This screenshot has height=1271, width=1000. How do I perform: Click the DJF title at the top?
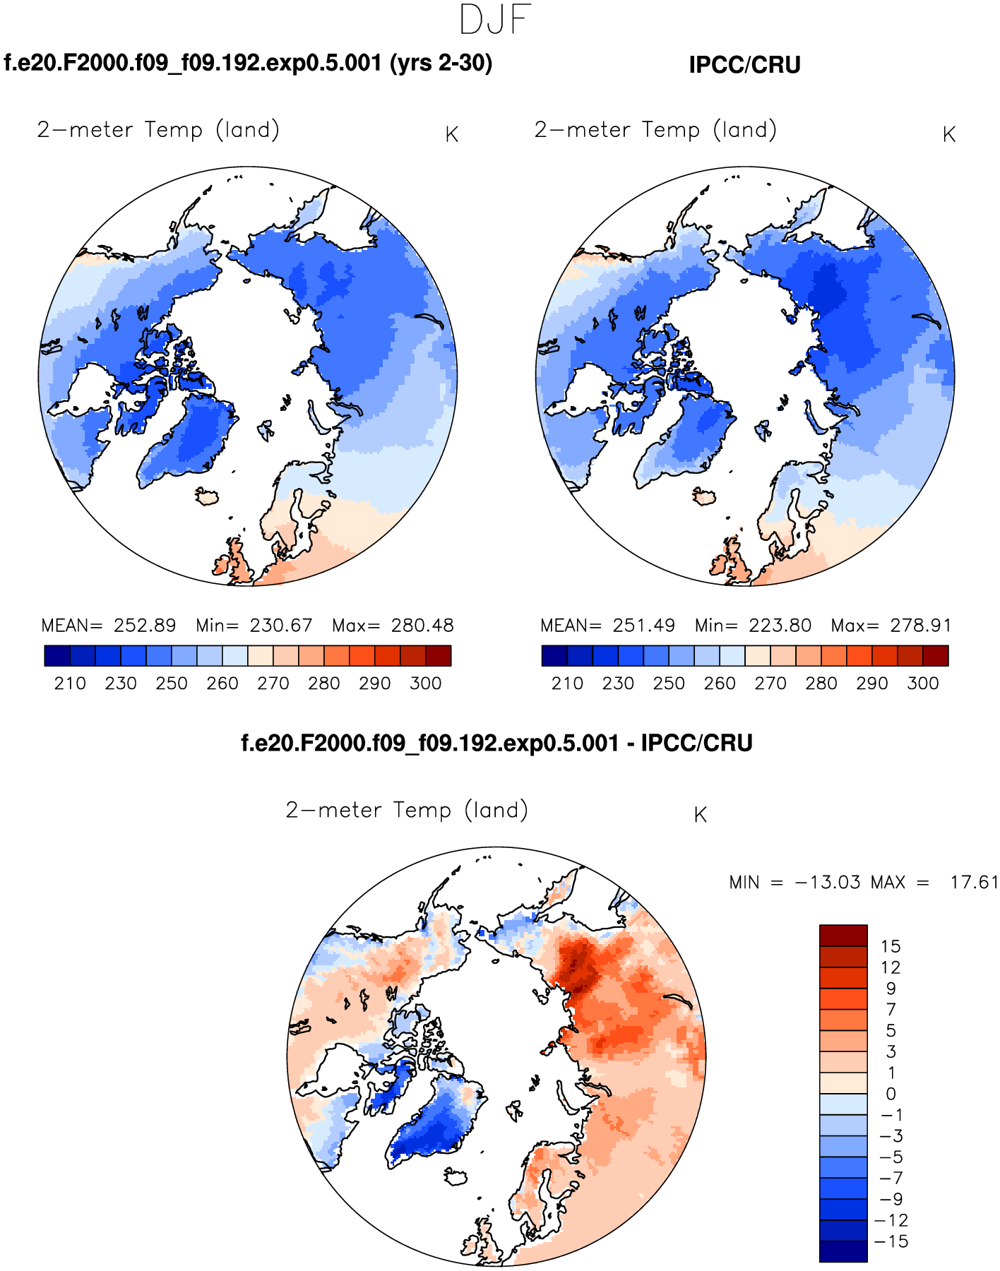pyautogui.click(x=494, y=20)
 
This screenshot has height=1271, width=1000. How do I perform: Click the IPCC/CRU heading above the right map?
pyautogui.click(x=744, y=65)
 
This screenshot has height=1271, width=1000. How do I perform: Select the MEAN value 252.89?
pyautogui.click(x=145, y=626)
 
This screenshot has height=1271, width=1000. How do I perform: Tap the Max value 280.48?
pyautogui.click(x=422, y=626)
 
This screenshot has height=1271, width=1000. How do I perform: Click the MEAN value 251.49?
pyautogui.click(x=643, y=626)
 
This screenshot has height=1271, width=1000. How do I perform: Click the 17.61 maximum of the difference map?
pyautogui.click(x=974, y=883)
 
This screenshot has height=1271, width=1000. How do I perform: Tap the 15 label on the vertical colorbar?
pyautogui.click(x=891, y=946)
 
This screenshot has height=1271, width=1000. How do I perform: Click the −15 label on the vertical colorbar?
pyautogui.click(x=891, y=1241)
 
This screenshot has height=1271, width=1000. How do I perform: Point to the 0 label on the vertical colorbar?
pyautogui.click(x=891, y=1094)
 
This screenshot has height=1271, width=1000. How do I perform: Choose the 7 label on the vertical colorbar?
pyautogui.click(x=891, y=1010)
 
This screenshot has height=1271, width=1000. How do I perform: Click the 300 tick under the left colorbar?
pyautogui.click(x=426, y=684)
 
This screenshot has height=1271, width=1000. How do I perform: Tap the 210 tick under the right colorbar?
pyautogui.click(x=567, y=684)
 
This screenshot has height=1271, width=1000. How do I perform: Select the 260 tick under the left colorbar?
pyautogui.click(x=222, y=684)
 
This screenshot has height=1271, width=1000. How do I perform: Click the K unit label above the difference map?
pyautogui.click(x=700, y=816)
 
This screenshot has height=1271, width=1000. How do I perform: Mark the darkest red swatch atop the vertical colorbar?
pyautogui.click(x=843, y=936)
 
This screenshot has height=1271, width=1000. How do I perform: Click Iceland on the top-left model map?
pyautogui.click(x=208, y=496)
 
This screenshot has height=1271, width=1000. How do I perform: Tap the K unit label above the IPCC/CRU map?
pyautogui.click(x=948, y=135)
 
